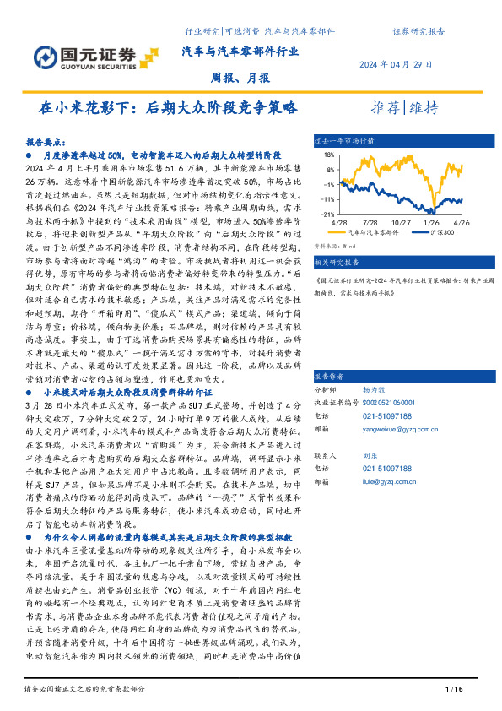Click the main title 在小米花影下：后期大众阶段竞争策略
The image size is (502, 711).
pyautogui.click(x=169, y=108)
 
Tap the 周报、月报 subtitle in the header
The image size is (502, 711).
pyautogui.click(x=240, y=78)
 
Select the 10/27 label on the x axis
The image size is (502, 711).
pyautogui.click(x=401, y=221)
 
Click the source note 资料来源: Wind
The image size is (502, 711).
pyautogui.click(x=332, y=246)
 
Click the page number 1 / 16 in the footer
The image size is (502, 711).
pyautogui.click(x=452, y=691)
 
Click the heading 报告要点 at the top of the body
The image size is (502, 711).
pyautogui.click(x=46, y=143)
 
